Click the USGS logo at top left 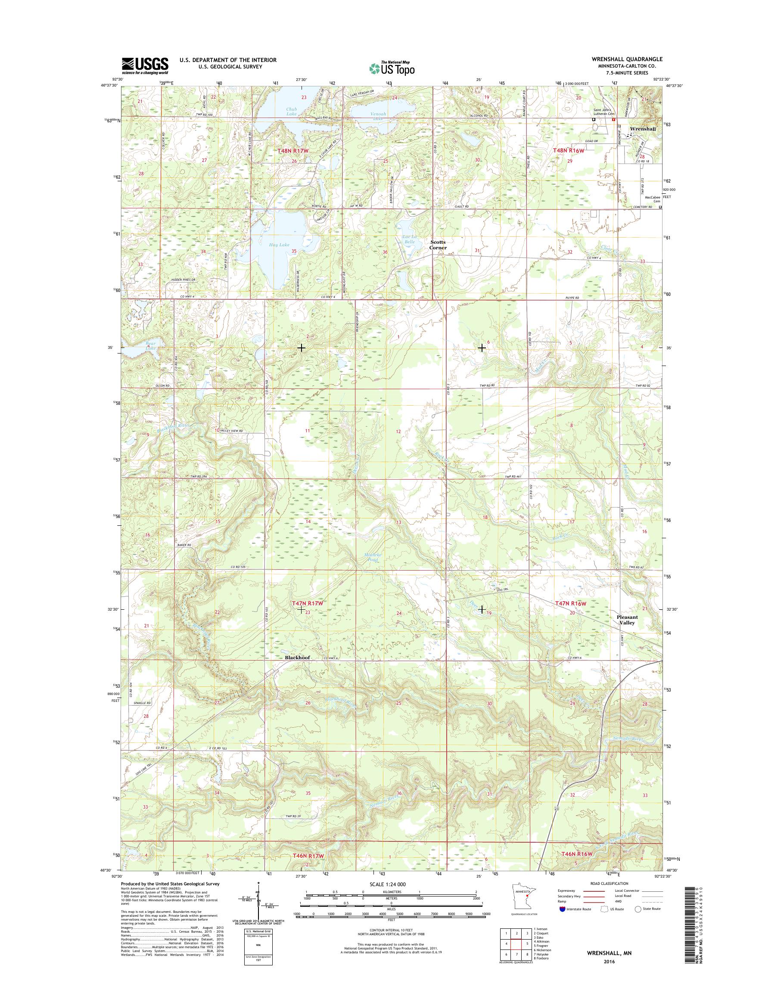click(x=145, y=65)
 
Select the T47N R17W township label click(x=308, y=604)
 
